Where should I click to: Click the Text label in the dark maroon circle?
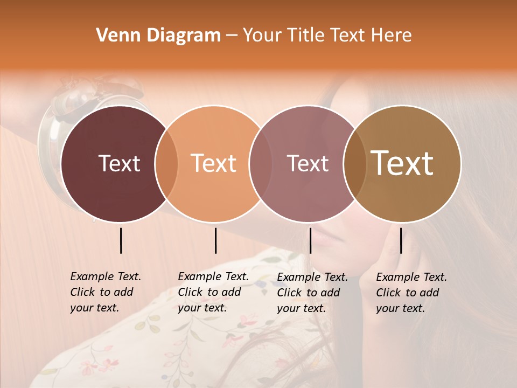tap(119, 163)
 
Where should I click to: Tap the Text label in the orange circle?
tap(214, 163)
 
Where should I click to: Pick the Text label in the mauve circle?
tap(308, 163)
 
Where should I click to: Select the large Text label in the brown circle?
tap(402, 163)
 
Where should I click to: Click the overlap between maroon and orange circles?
tap(166, 163)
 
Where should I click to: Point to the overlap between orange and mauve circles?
tap(261, 163)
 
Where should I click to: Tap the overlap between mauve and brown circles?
tap(355, 163)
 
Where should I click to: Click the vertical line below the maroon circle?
tap(121, 240)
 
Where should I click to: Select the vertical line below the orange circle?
tap(215, 240)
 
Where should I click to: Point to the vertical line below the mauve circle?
tap(310, 240)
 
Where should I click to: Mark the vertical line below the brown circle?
tap(401, 240)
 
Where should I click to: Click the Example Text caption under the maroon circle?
tap(105, 292)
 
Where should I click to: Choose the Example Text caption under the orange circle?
tap(213, 292)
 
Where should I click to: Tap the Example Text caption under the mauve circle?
tap(312, 293)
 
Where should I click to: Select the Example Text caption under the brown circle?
tap(411, 293)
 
